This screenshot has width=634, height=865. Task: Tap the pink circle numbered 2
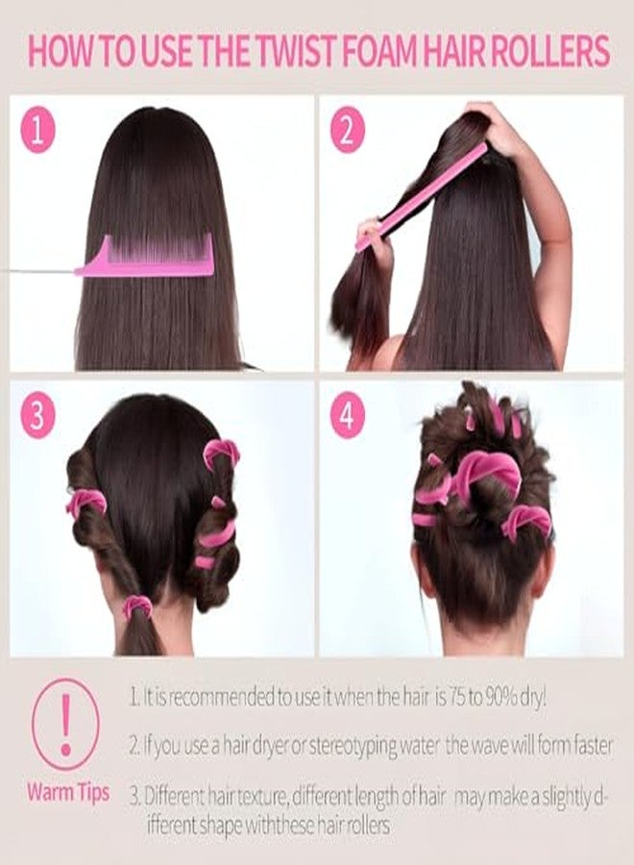point(348,133)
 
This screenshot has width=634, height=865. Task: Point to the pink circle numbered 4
point(348,416)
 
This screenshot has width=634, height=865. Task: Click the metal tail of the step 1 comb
point(38,271)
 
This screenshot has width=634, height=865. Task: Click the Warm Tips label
point(67,793)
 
